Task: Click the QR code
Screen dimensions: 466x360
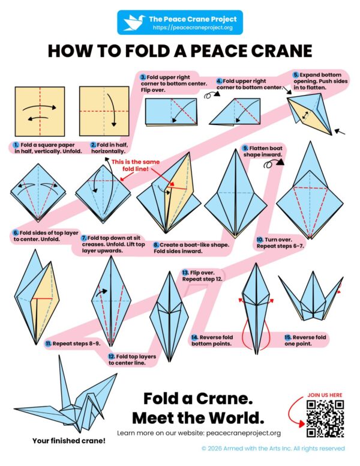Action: click(x=325, y=419)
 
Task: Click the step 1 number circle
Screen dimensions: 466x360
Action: click(x=14, y=145)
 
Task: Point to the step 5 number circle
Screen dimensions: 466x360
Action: click(x=295, y=75)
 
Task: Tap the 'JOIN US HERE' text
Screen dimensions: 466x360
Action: click(x=325, y=395)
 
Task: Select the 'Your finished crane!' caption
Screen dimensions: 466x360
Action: click(x=68, y=441)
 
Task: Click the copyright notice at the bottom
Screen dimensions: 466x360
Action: click(x=273, y=448)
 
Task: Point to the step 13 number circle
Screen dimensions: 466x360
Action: click(x=186, y=273)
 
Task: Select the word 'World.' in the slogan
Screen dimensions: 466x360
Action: click(x=230, y=417)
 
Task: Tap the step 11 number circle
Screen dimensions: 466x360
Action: click(x=48, y=342)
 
